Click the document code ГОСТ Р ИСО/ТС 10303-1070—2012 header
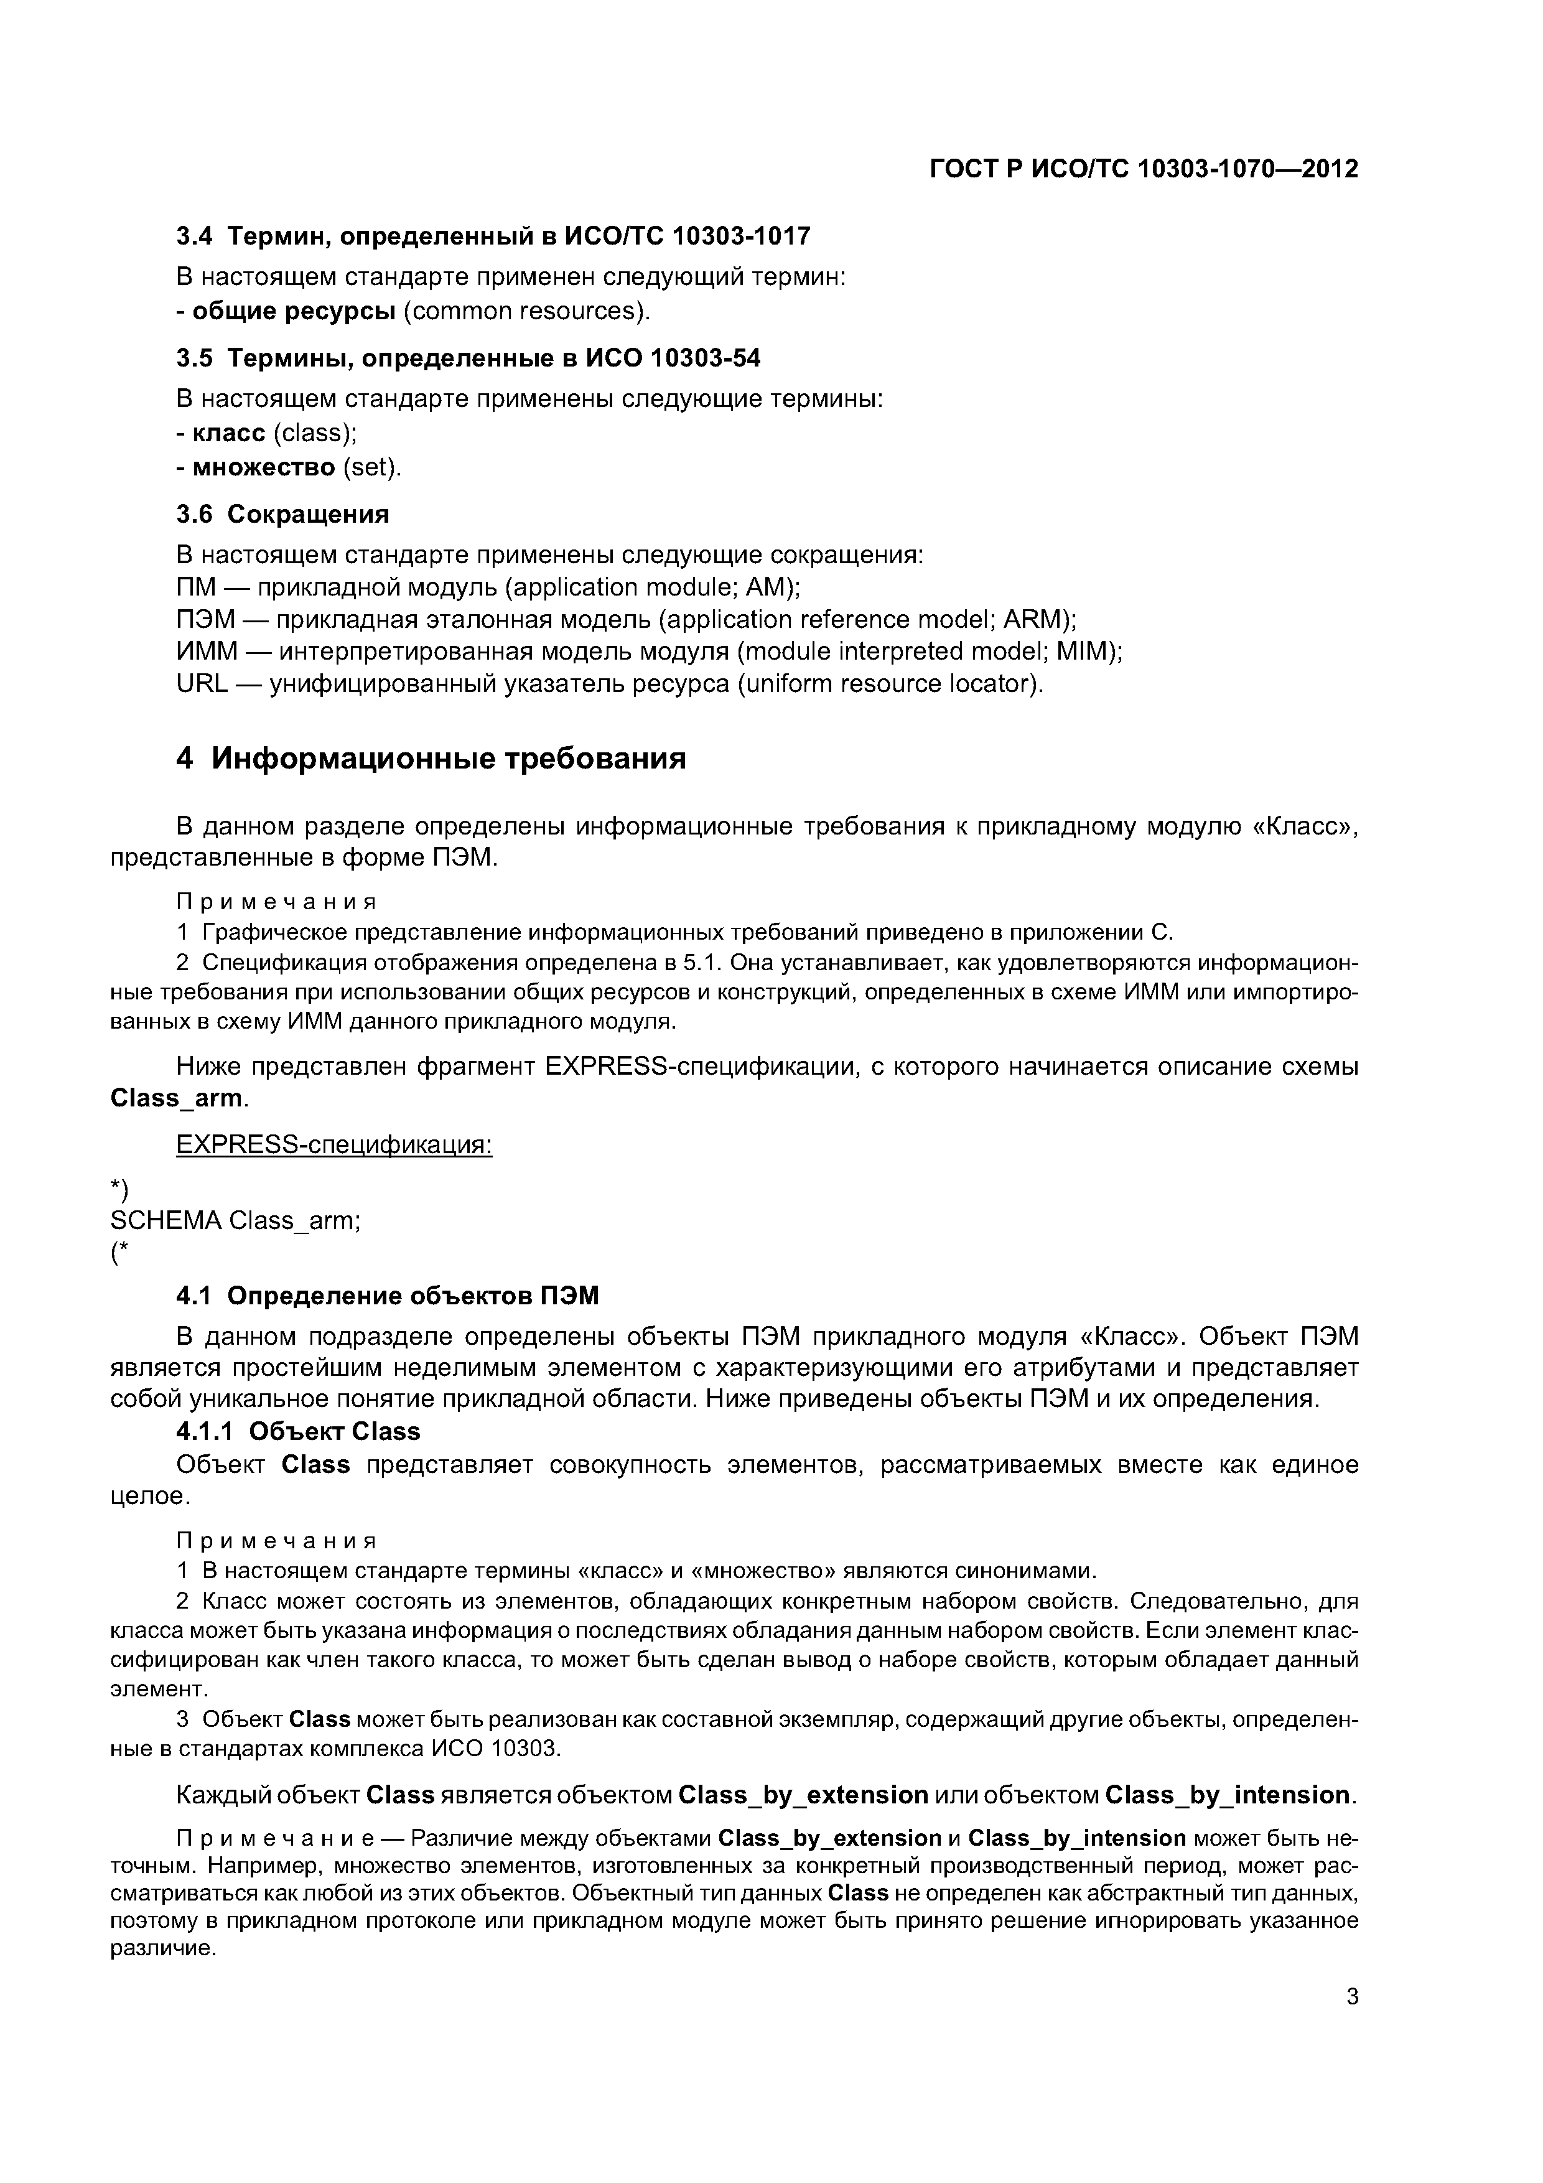[1144, 169]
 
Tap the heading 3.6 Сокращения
[283, 515]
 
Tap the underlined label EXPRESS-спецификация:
[335, 1145]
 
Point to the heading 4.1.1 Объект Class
[299, 1431]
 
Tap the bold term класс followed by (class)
[228, 434]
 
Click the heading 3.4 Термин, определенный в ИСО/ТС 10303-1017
[493, 236]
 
